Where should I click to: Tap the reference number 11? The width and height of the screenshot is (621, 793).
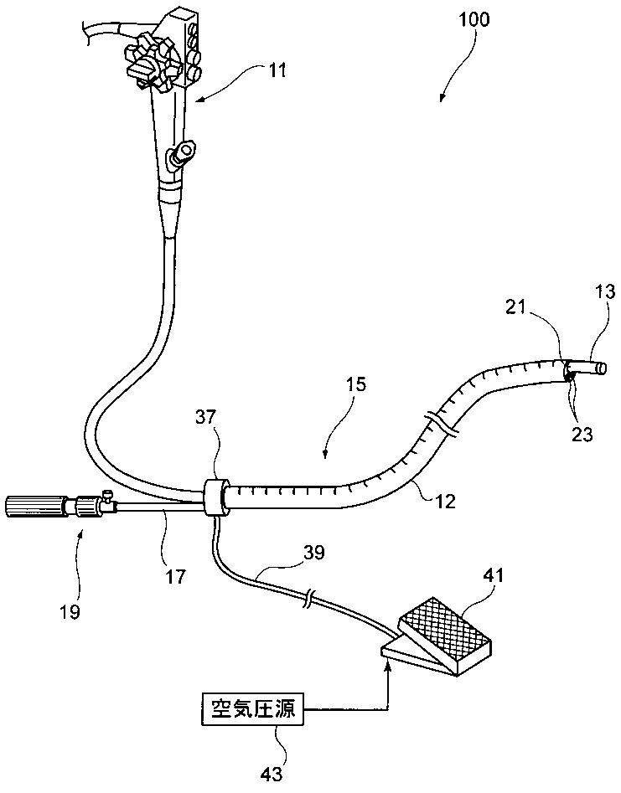pos(277,72)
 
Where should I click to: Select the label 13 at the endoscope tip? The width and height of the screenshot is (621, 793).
pos(606,293)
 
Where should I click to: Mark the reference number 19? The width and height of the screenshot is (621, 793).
pos(70,611)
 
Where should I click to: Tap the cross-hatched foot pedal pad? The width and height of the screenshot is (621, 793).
pos(445,627)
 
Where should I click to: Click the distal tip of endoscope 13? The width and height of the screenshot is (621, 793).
pos(596,368)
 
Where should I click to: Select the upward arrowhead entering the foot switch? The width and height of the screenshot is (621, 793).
pos(387,667)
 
